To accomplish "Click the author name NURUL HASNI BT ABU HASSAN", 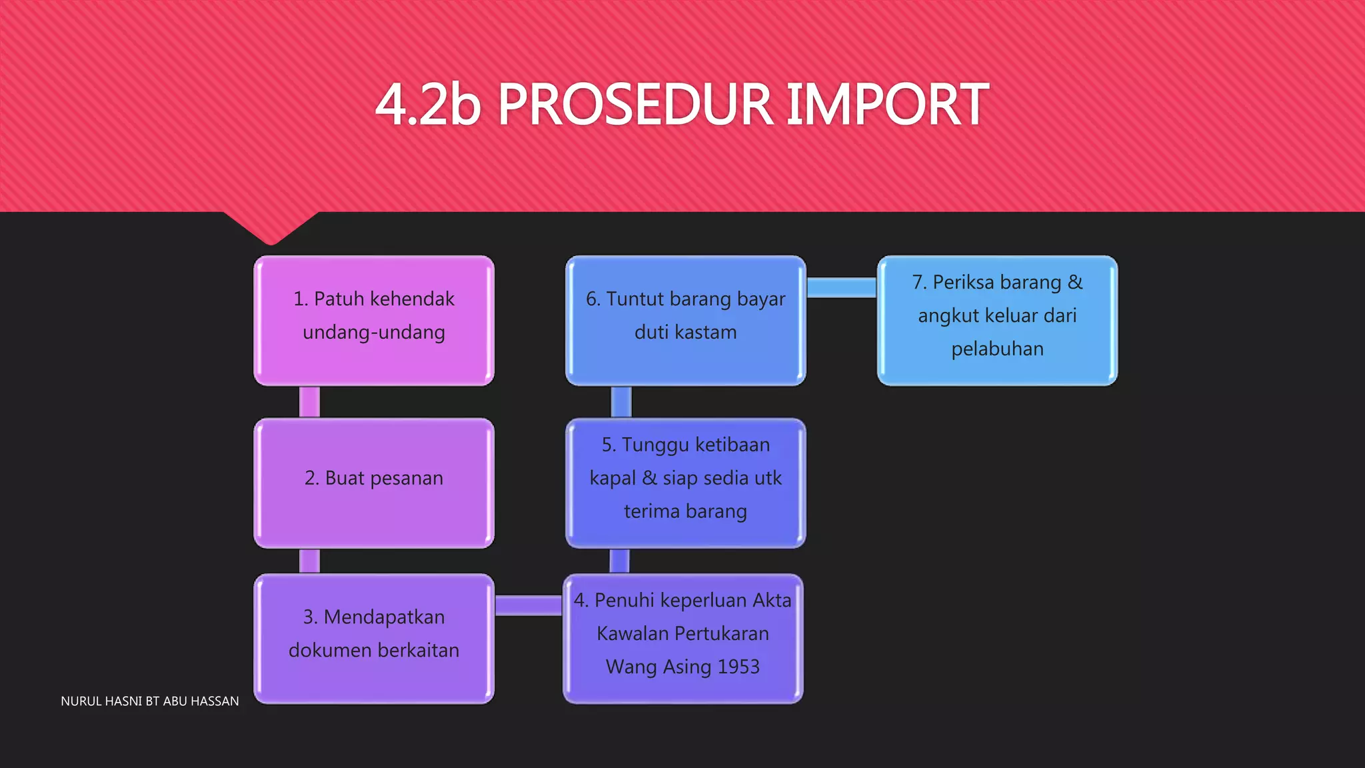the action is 150,701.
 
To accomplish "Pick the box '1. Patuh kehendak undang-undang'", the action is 374,320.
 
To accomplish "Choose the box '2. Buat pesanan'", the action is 374,483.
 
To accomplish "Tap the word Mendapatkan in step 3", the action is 384,617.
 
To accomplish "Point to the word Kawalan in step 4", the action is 626,633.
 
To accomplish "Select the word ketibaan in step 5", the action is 732,445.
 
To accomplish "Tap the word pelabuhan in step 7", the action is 997,349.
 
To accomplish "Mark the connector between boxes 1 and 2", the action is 309,402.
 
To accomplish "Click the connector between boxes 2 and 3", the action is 309,561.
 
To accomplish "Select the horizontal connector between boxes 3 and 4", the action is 529,605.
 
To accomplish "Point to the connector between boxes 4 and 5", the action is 619,561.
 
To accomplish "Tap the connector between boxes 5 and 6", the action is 621,402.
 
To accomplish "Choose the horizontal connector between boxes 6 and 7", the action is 841,287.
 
